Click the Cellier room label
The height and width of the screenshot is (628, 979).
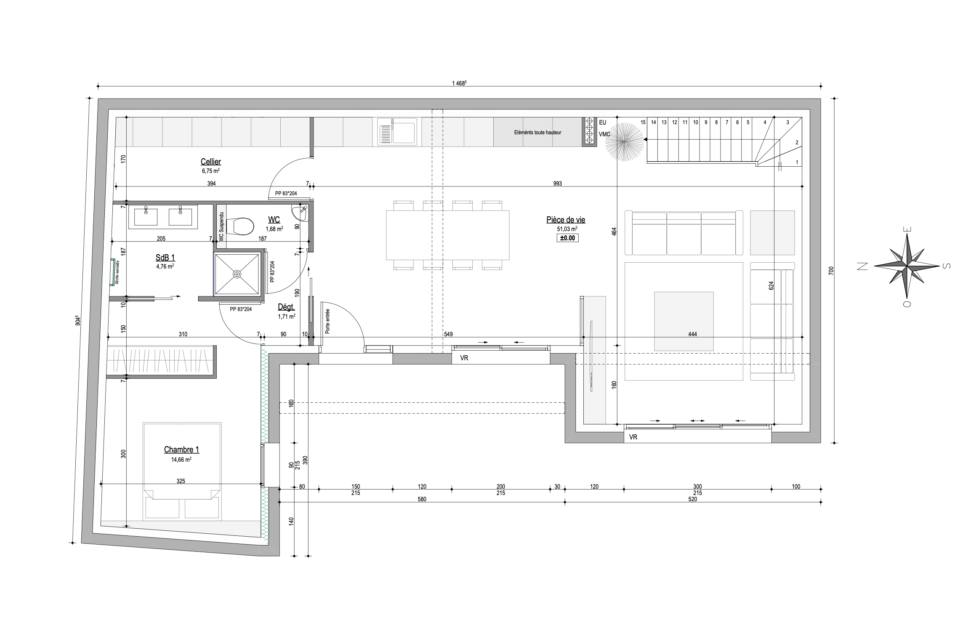point(210,162)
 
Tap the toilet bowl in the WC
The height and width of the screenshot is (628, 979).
point(242,227)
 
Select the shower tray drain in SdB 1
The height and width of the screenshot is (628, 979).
point(237,274)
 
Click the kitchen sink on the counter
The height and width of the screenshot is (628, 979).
point(397,131)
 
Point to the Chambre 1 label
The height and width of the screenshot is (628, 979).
point(181,450)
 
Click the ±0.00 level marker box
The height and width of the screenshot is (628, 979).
point(567,238)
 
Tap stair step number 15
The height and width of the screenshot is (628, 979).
point(643,122)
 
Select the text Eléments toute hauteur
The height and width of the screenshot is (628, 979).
point(537,132)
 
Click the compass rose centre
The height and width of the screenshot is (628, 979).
point(907,266)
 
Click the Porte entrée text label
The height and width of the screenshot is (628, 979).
point(327,322)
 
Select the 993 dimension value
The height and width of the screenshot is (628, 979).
point(557,184)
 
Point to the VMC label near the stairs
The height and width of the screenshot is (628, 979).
point(604,134)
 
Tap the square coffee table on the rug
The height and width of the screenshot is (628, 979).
point(684,321)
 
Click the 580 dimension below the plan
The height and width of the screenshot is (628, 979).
point(422,499)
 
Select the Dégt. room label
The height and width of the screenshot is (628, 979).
point(286,307)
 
